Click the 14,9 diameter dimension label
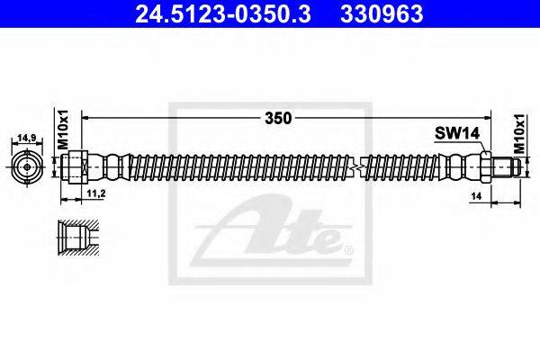[x=27, y=139]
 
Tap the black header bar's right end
[x=531, y=13]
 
